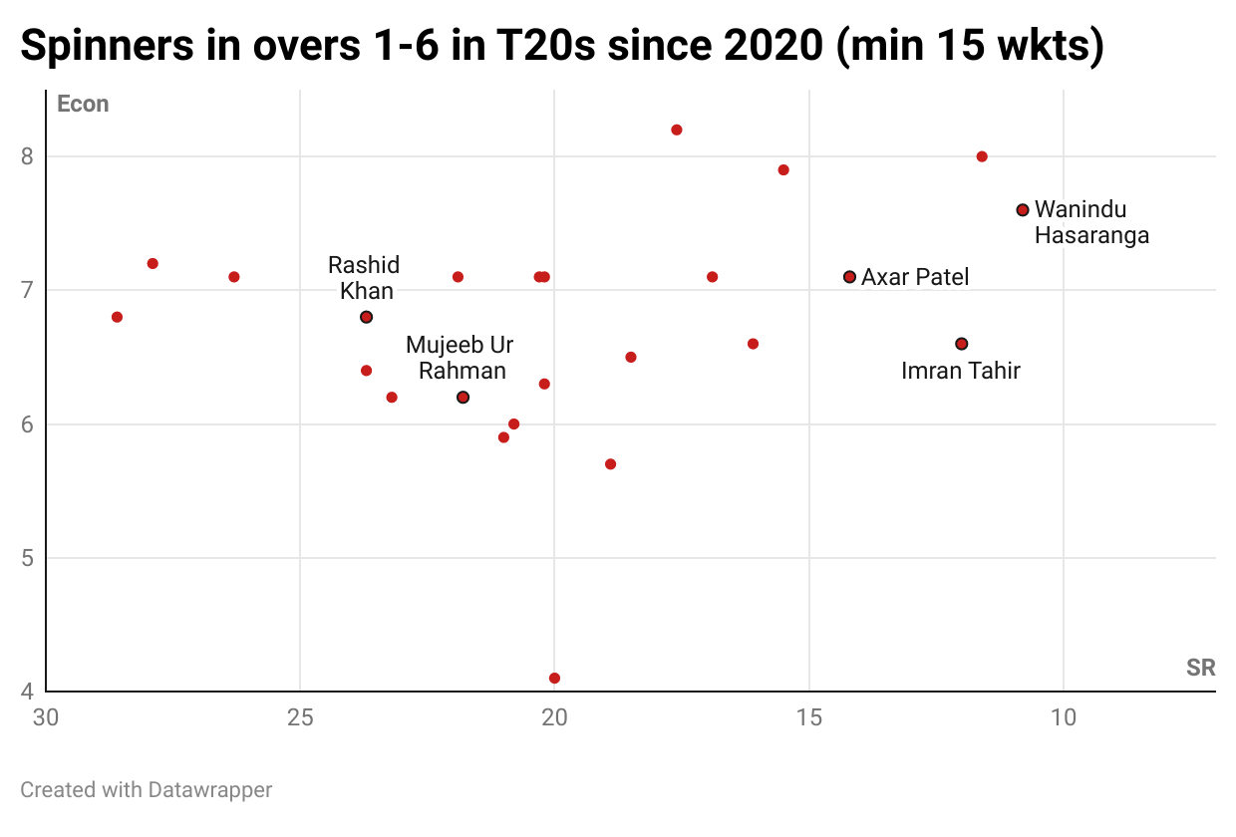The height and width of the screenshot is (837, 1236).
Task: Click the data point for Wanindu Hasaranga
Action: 1023,209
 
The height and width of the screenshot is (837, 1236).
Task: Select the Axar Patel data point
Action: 849,277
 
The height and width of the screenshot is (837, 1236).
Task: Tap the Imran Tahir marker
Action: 961,344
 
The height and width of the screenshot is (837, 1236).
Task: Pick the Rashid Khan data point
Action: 366,317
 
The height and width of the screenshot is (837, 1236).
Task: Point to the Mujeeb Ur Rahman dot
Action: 463,398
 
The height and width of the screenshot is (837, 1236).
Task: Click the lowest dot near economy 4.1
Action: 554,679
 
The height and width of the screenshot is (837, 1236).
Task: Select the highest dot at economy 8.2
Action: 677,130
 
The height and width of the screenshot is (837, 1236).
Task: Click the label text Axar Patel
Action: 914,277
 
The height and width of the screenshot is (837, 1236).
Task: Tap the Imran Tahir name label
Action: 960,371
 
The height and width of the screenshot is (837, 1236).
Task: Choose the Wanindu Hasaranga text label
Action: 1091,222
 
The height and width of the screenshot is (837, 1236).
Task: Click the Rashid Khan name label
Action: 364,278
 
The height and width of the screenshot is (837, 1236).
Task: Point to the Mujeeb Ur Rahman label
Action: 460,358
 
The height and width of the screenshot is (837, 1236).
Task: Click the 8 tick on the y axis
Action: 27,156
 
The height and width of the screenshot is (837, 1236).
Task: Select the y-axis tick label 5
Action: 27,558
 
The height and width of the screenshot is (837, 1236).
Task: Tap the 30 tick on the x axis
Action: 45,717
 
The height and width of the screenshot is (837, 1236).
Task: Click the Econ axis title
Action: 83,104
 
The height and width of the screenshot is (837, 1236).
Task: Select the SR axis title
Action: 1200,668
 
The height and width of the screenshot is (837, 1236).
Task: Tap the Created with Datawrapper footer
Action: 146,790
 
